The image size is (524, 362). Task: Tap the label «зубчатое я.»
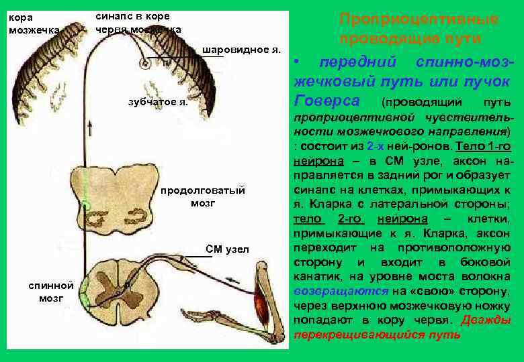tap(158, 101)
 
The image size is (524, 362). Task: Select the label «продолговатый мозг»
tap(202, 196)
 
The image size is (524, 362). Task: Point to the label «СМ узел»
tap(227, 249)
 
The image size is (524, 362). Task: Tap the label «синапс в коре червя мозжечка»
tap(137, 23)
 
